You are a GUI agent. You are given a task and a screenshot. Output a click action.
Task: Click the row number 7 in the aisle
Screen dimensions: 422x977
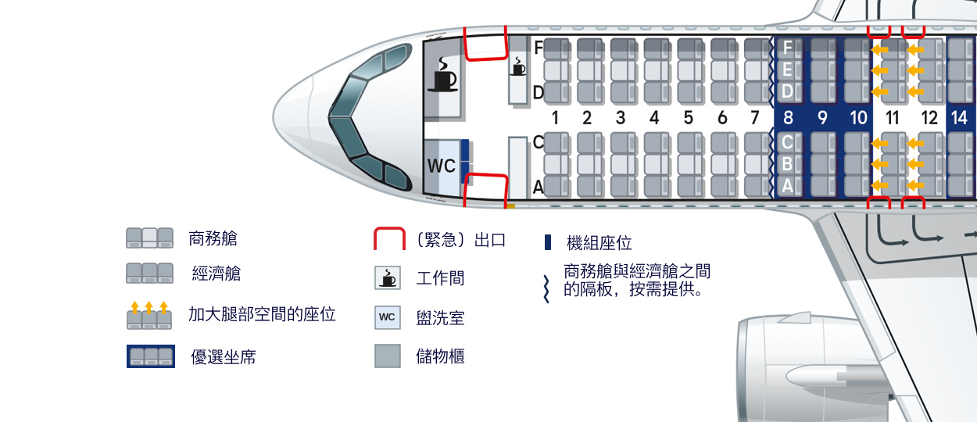coord(754,119)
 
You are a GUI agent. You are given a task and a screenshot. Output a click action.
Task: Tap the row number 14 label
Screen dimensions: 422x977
coord(960,119)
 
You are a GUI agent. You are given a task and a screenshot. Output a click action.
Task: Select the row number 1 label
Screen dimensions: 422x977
coord(555,119)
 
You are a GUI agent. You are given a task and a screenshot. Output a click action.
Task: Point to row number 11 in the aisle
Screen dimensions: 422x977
coord(892,119)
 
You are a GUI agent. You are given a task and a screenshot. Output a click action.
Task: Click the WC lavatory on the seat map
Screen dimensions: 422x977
coord(441,166)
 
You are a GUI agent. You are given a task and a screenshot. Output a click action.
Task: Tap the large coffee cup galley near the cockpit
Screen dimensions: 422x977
coord(443,73)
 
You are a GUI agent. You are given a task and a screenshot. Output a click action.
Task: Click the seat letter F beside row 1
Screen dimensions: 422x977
coord(539,48)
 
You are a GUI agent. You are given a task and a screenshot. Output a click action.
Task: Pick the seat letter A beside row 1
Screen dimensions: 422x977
coord(539,188)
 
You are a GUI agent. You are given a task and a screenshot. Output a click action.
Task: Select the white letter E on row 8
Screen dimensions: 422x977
coord(788,70)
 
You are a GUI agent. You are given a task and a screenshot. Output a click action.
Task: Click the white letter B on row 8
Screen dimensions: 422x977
coord(788,164)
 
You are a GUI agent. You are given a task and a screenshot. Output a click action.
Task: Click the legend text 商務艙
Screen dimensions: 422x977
coord(213,238)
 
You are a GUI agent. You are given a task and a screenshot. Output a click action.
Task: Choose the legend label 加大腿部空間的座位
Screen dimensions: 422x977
coord(263,314)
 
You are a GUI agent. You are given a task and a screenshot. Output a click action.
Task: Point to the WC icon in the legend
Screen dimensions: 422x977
coord(388,316)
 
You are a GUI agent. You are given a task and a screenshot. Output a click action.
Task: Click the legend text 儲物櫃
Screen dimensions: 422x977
coord(441,356)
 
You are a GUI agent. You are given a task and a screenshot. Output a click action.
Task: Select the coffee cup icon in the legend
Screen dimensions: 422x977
coord(388,278)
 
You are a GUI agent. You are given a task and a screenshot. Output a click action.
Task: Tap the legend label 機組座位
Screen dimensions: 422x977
coord(599,243)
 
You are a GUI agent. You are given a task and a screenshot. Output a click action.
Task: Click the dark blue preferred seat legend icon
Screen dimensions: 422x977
coord(150,356)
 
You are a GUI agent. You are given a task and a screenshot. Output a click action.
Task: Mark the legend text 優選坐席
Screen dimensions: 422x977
coord(224,357)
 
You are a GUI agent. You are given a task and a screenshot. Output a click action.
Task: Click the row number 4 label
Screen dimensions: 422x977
coord(654,119)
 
